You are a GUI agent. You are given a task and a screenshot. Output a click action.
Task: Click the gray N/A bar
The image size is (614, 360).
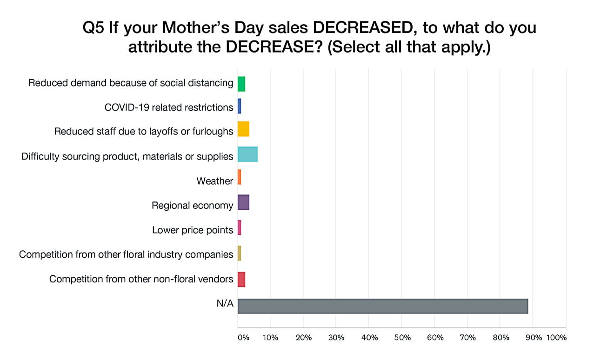(x=382, y=306)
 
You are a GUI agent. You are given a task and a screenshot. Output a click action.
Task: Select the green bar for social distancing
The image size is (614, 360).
(x=241, y=84)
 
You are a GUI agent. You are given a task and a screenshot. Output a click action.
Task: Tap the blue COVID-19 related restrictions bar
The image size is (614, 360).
(x=239, y=107)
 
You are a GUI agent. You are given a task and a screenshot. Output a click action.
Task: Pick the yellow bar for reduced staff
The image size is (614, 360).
(x=243, y=129)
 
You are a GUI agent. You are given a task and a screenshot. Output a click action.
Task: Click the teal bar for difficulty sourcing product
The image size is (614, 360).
(x=247, y=154)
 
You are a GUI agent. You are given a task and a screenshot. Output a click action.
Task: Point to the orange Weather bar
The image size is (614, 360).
(x=239, y=177)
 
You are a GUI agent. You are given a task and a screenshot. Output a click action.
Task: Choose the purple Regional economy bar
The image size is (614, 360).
(x=243, y=202)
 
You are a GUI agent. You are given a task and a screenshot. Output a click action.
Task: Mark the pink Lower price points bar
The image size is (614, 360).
(x=239, y=227)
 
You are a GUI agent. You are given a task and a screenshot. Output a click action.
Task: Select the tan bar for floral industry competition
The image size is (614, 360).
(x=239, y=253)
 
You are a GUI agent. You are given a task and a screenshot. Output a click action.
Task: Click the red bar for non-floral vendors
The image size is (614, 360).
(x=241, y=280)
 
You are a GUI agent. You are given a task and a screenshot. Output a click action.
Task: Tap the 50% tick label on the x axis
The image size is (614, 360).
(x=402, y=338)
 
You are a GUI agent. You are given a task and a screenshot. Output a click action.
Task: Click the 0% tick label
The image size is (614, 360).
(x=243, y=338)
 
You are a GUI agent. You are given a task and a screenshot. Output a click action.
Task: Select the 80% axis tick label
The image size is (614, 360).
(x=501, y=338)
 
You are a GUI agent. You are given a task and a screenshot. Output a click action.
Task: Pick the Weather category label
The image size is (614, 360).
(x=214, y=181)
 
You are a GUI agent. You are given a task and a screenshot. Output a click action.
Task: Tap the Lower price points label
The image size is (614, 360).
(x=193, y=230)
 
